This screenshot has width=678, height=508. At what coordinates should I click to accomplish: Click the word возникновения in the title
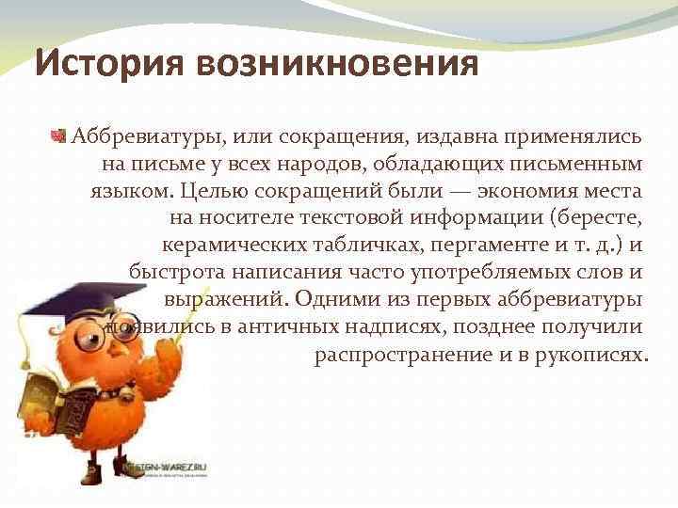click(338, 65)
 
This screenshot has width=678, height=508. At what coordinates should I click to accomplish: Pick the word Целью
click(215, 192)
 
